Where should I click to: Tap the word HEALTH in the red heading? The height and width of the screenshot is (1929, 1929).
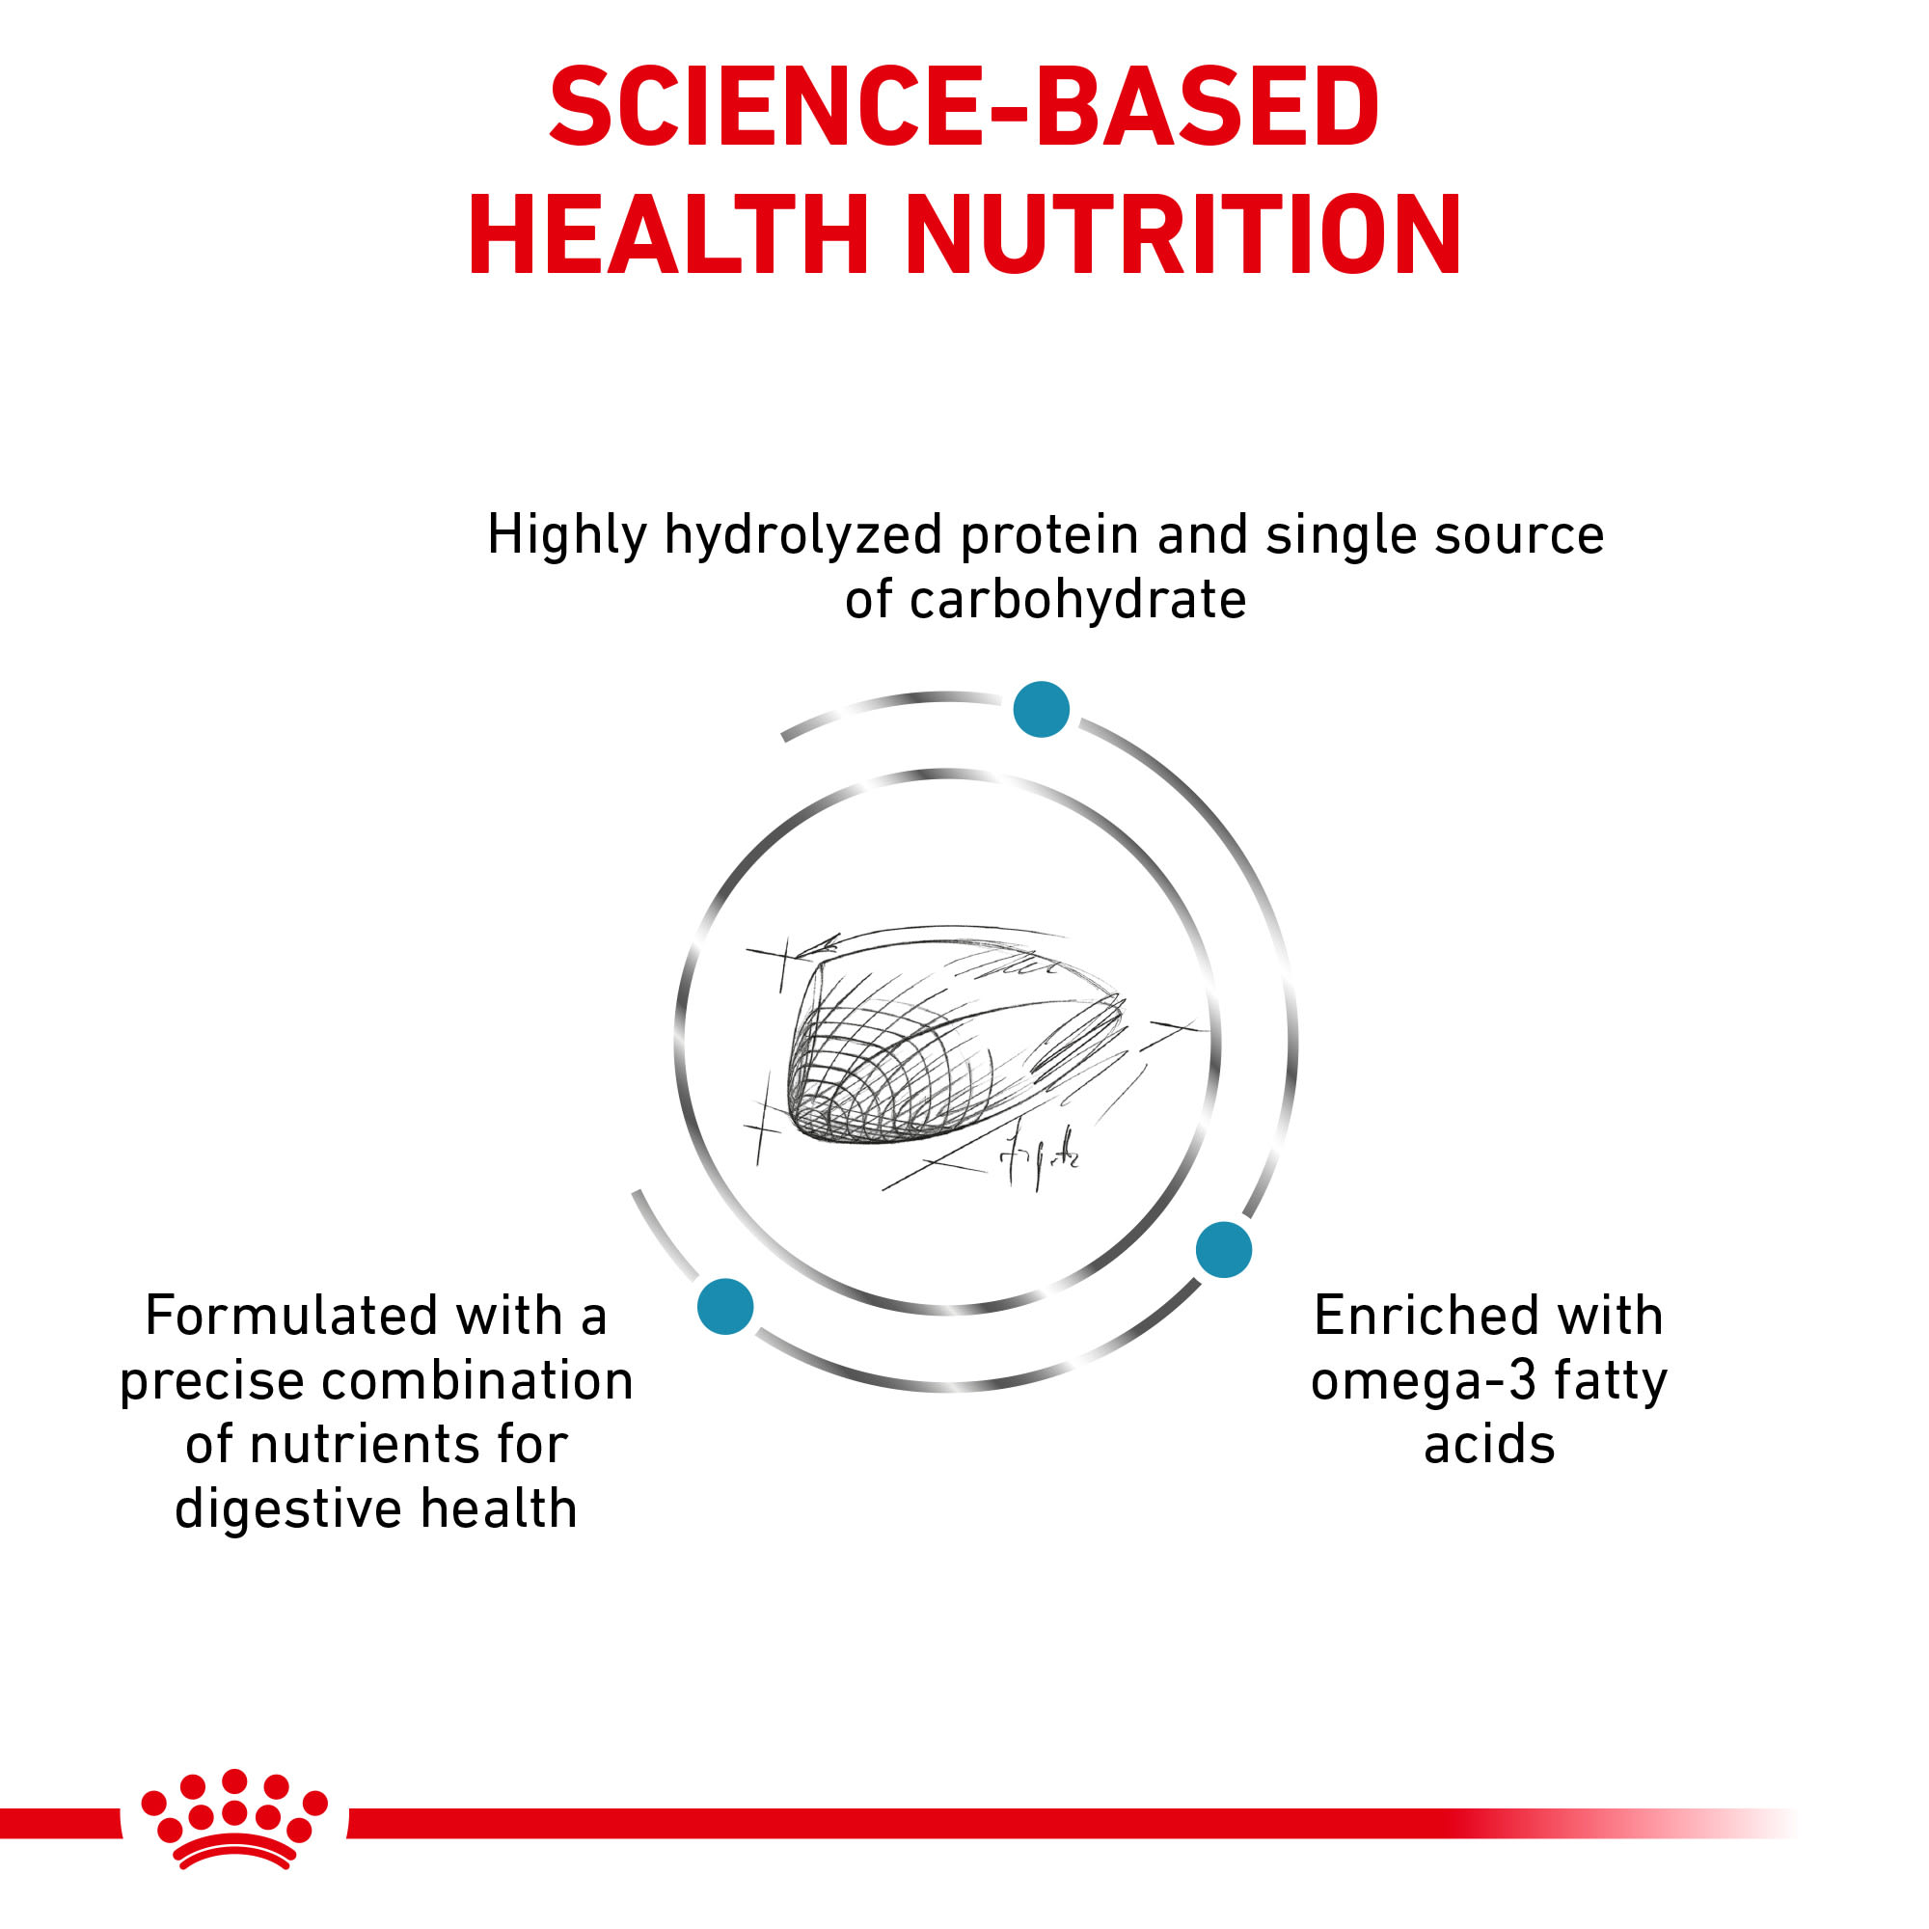tap(669, 234)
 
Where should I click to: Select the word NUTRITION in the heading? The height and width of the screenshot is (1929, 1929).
tap(1184, 234)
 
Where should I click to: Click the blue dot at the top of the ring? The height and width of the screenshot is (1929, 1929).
tap(1042, 709)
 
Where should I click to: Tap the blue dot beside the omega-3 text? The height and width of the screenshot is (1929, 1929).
tap(1224, 1249)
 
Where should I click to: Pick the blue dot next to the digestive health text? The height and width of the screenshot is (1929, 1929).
tap(726, 1306)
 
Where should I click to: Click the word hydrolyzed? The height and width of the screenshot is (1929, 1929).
tap(802, 537)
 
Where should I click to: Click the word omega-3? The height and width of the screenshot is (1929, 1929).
tap(1424, 1382)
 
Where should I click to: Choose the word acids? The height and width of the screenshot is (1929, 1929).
tap(1488, 1445)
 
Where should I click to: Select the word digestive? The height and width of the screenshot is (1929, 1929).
tap(289, 1510)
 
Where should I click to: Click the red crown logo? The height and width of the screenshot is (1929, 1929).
tap(234, 1819)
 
